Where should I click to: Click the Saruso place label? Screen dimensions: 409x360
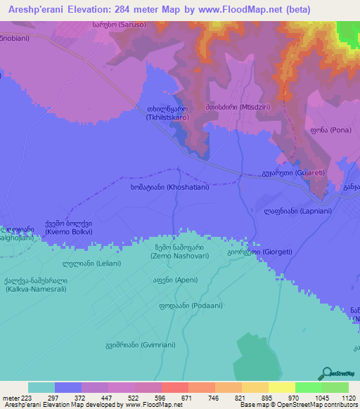[118, 25]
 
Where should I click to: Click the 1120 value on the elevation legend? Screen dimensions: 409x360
[340, 398]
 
